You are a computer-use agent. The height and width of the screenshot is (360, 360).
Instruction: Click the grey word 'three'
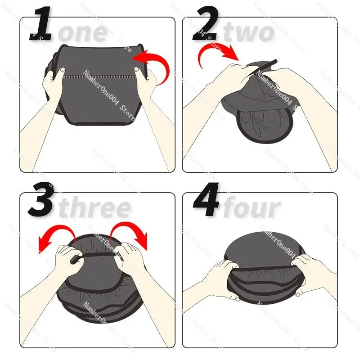tap(95, 208)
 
